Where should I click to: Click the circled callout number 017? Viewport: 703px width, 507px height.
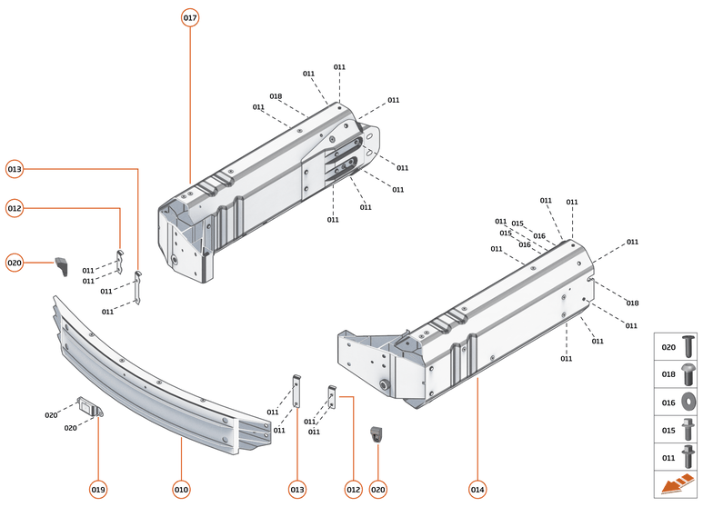coord(190,18)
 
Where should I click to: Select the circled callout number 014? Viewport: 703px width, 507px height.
coord(477,490)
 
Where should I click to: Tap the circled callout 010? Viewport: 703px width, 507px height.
coord(181,490)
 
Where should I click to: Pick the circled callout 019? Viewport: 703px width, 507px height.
coord(98,490)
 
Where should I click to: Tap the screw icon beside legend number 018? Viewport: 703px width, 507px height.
coord(688,373)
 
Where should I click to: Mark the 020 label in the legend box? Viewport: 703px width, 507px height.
coord(668,347)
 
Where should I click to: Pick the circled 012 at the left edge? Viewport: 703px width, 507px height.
coord(15,209)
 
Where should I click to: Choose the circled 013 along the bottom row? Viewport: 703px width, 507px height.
coord(296,490)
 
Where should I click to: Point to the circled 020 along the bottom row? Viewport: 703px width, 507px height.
coord(378,490)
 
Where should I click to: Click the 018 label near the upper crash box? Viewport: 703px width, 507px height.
coord(276,96)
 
